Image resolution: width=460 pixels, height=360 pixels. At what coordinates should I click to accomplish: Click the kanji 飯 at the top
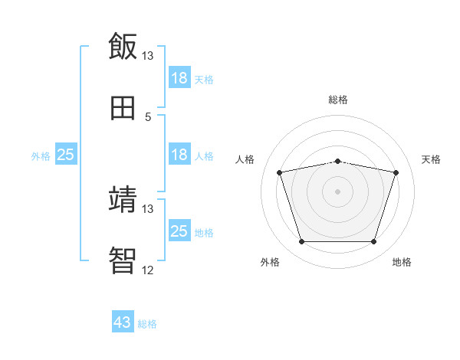tap(123, 47)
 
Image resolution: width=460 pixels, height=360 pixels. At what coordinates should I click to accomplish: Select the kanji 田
tap(123, 108)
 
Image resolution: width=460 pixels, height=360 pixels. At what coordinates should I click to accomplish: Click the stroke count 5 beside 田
tap(148, 117)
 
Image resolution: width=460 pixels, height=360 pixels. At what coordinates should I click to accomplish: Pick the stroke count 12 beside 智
tap(148, 270)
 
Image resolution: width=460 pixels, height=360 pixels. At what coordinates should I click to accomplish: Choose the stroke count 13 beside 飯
tap(148, 56)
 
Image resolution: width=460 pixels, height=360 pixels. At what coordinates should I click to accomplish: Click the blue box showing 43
tap(123, 322)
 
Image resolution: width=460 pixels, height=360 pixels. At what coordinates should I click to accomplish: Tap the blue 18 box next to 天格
tap(179, 78)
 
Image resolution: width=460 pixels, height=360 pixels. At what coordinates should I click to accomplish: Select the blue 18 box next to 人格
tap(179, 155)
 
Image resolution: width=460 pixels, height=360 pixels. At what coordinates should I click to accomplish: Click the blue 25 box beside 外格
tap(66, 155)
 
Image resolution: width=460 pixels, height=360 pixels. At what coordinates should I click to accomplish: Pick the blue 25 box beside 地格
tap(179, 231)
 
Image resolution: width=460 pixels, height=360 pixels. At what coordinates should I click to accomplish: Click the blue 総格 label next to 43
tap(147, 324)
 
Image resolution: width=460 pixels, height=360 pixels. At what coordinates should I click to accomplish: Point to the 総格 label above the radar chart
tap(338, 100)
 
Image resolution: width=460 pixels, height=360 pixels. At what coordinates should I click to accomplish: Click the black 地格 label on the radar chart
tap(402, 263)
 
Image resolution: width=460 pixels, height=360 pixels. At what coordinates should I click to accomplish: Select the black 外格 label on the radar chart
tap(270, 263)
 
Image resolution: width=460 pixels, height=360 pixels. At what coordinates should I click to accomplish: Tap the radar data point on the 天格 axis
tap(396, 172)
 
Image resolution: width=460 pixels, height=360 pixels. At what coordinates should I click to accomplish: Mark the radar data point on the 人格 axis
tap(280, 172)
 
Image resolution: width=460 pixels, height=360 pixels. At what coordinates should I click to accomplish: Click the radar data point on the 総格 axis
tap(338, 161)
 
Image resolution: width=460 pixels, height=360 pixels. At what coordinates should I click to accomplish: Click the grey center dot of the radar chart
tap(338, 191)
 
